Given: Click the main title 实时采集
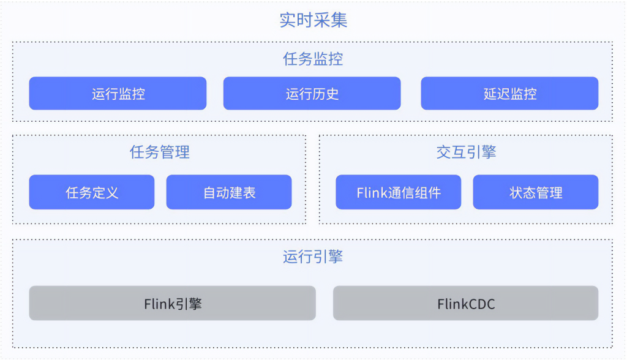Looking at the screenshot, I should [313, 20].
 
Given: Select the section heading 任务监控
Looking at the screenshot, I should [313, 59].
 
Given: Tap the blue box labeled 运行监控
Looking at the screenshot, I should [118, 94].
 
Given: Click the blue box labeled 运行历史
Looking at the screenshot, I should [312, 94].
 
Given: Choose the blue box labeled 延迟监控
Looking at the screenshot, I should [509, 94].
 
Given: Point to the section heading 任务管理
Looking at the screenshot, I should [160, 152].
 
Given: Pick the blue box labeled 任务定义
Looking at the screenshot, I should [92, 192].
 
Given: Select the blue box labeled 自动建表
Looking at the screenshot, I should [229, 192].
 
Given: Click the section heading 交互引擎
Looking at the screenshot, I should [466, 152].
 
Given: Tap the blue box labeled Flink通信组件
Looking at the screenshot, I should [398, 192].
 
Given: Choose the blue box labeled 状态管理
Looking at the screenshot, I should [536, 192].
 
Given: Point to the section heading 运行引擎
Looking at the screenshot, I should [313, 257].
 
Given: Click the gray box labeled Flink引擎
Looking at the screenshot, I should [172, 303].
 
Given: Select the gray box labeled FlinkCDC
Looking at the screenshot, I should [465, 303].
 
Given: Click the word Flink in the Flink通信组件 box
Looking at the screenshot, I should [372, 193].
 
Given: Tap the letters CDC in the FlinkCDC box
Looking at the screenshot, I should [481, 304].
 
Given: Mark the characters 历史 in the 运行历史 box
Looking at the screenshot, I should [325, 94].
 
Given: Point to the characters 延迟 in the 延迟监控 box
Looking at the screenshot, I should [496, 94].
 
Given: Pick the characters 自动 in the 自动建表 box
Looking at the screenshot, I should [216, 192].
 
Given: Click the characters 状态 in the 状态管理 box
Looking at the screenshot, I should [522, 192].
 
